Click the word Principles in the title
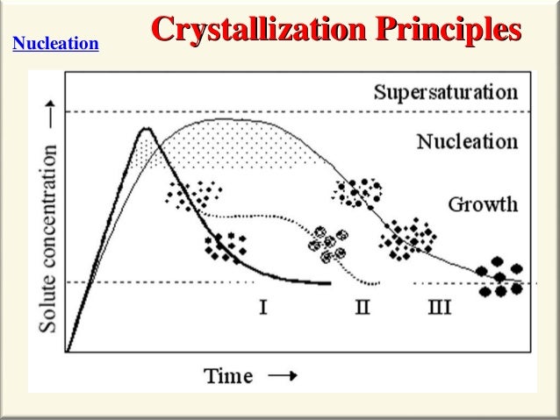pyautogui.click(x=446, y=29)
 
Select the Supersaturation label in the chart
pyautogui.click(x=446, y=92)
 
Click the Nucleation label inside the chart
pyautogui.click(x=466, y=140)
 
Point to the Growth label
pyautogui.click(x=483, y=205)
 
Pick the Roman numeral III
pyautogui.click(x=440, y=307)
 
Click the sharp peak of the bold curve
pyautogui.click(x=147, y=130)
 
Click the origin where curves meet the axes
pyautogui.click(x=68, y=351)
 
